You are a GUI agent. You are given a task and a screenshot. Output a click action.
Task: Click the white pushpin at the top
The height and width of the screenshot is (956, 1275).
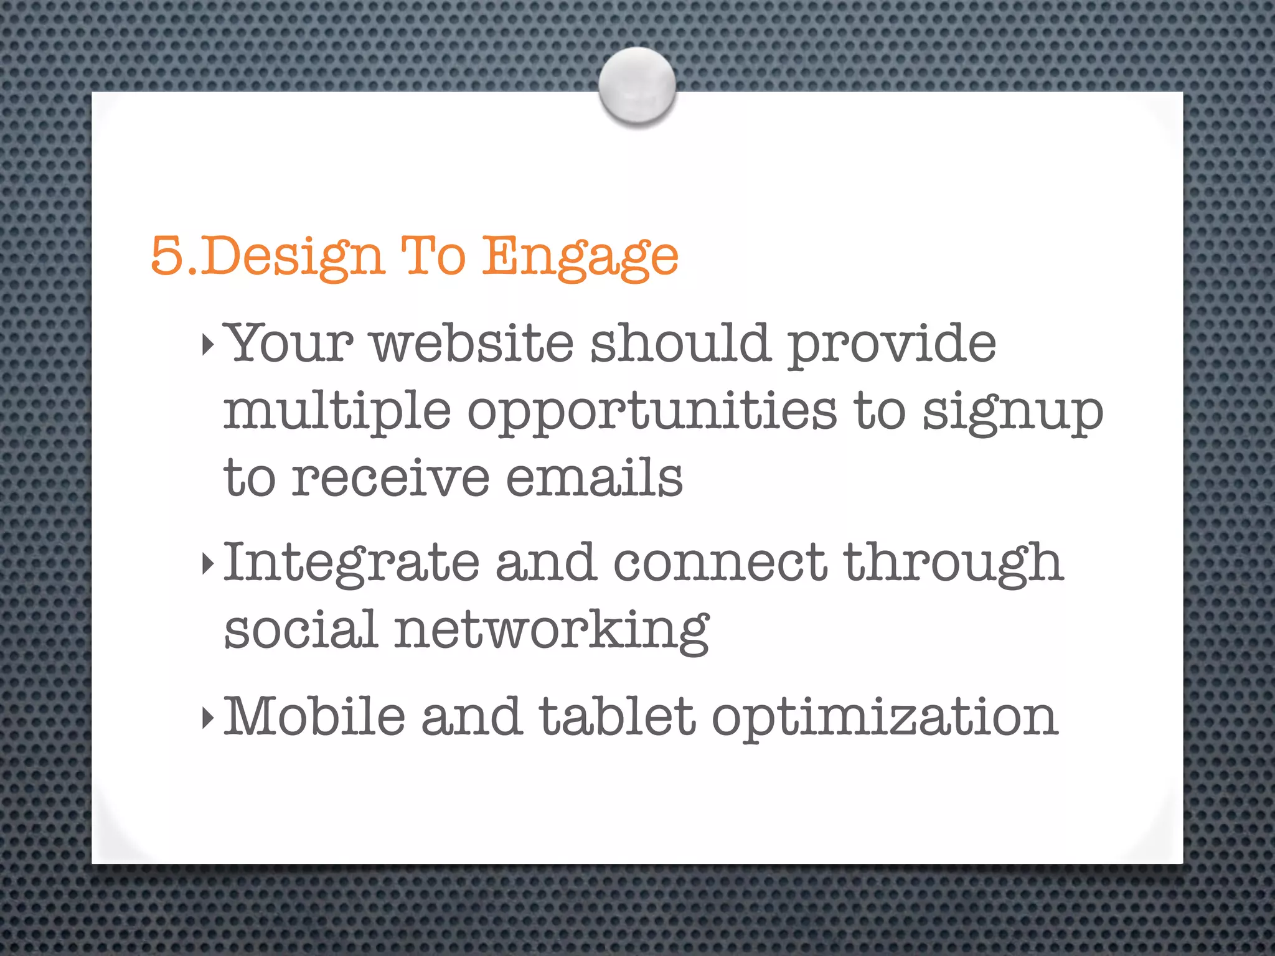click(637, 85)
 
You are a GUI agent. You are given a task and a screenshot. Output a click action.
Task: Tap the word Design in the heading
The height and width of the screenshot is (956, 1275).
click(292, 256)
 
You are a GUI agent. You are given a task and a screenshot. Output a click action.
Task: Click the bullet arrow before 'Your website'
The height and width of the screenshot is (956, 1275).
click(208, 344)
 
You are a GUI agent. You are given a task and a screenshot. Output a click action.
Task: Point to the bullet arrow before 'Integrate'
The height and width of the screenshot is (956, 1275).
click(208, 564)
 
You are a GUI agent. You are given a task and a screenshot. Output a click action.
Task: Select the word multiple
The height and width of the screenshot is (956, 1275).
click(337, 411)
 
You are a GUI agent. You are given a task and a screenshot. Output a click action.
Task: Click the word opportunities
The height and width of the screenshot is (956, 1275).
click(652, 411)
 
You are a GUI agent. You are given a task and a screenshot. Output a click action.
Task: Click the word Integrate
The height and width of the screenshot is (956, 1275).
click(351, 564)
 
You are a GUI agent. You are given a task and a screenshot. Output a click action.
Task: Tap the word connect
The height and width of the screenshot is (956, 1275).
click(720, 563)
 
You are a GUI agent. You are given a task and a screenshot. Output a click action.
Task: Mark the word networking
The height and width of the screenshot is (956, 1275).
click(552, 630)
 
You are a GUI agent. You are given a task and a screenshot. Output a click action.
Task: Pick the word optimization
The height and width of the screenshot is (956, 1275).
click(885, 717)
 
